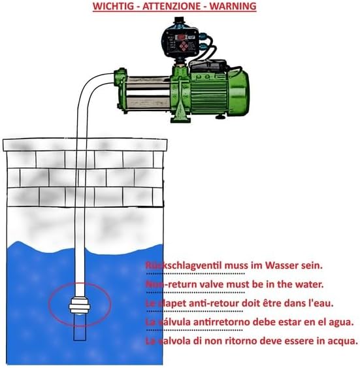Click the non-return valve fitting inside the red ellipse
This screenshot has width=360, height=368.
(x=79, y=304)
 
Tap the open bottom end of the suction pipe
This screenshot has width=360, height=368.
(x=79, y=337)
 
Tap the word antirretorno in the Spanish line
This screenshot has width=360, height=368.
(x=210, y=322)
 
